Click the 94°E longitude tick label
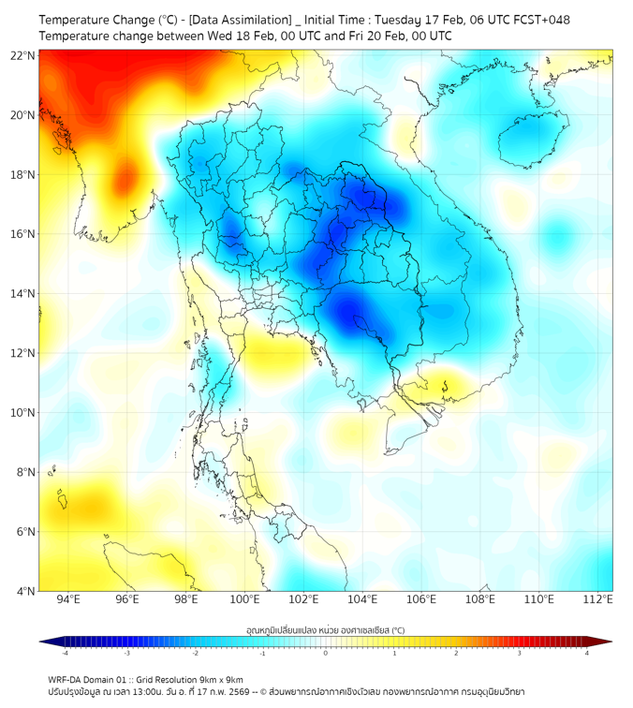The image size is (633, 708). coord(68,599)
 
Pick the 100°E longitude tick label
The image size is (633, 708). coord(245,599)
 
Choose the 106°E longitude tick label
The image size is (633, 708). coord(422,599)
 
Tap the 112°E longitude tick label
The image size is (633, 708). coord(598,599)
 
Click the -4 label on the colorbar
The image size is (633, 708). coord(65,653)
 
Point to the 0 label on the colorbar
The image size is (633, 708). coord(326,653)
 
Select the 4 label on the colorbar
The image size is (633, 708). coord(586,653)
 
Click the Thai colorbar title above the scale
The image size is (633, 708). coord(325,630)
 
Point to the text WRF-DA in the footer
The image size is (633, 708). coord(66,679)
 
